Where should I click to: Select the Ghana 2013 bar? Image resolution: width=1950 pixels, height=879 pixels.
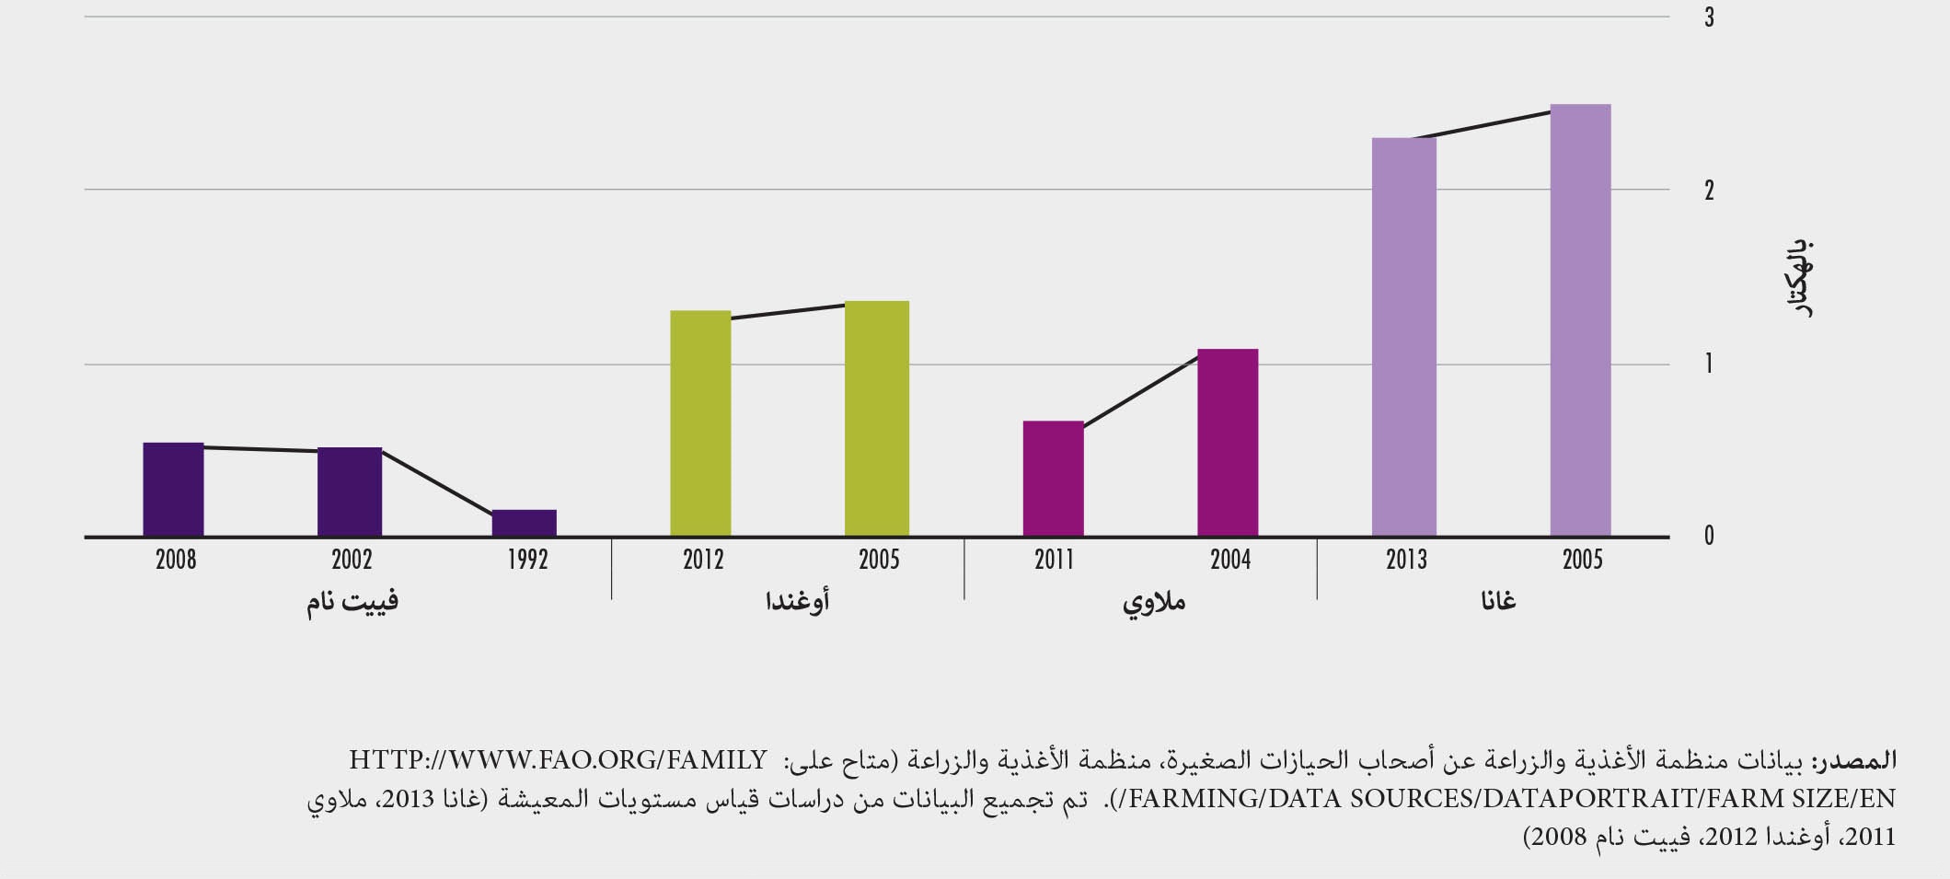1403,337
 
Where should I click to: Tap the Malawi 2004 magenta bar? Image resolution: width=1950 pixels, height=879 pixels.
1227,443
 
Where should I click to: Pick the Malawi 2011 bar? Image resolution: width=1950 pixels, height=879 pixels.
1053,479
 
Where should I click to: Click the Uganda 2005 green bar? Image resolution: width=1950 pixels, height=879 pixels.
876,419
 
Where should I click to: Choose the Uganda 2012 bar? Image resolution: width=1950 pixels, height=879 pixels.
700,423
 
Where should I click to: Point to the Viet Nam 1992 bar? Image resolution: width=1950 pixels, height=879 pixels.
524,523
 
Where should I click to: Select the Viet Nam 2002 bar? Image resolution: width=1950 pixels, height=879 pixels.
349,492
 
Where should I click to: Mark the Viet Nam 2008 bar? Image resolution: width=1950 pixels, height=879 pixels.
173,490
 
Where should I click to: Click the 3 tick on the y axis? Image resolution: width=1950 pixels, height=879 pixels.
1709,17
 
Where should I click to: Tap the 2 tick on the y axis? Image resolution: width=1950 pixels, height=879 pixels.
1709,191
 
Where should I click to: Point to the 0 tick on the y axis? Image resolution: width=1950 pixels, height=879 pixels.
1709,537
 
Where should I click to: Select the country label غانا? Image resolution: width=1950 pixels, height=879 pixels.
1498,601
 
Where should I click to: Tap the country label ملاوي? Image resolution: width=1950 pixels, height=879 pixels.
1153,603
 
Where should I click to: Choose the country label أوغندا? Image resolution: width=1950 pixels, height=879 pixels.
797,601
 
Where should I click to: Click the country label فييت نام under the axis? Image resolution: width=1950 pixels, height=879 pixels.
352,602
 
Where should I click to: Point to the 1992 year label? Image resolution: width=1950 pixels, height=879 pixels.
527,560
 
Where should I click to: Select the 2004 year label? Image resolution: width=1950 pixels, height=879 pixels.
1230,560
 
